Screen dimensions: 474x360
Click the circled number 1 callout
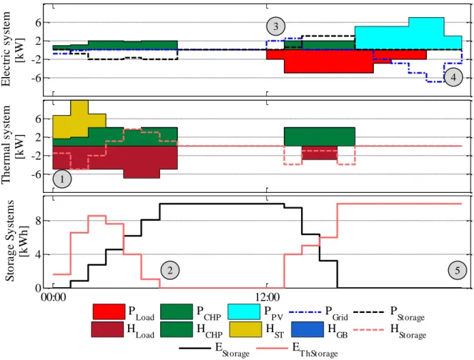click(62, 179)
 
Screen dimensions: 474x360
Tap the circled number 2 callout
click(170, 270)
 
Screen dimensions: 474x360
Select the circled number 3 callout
click(276, 26)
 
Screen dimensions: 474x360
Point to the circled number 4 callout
click(453, 77)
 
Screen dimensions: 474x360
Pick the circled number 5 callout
click(458, 270)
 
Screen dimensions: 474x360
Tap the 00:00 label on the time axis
click(53, 297)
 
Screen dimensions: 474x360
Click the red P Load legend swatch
click(109, 311)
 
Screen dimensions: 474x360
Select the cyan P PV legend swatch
click(244, 311)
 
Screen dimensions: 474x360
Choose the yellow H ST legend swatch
click(245, 329)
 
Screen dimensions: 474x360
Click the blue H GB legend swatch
click(307, 329)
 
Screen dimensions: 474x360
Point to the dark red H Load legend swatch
click(107, 329)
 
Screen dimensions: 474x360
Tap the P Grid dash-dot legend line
click(305, 311)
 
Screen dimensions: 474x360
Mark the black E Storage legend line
click(195, 349)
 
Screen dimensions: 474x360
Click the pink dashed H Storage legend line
click(370, 329)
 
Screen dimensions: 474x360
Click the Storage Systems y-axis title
click(15, 241)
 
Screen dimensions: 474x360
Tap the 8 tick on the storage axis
click(38, 221)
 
